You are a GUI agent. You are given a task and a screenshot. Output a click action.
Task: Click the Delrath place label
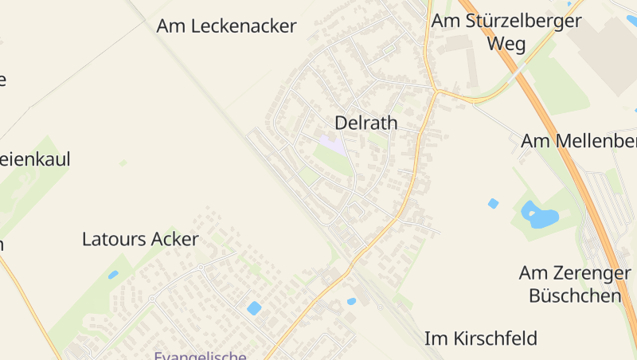pyautogui.click(x=365, y=123)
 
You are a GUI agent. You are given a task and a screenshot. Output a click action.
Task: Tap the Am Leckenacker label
pyautogui.click(x=226, y=26)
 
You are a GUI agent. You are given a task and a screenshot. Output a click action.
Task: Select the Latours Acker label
pyautogui.click(x=140, y=239)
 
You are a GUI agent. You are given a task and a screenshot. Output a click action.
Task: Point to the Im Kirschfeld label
pyautogui.click(x=480, y=338)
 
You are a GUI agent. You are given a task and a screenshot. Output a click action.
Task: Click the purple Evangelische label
pyautogui.click(x=200, y=355)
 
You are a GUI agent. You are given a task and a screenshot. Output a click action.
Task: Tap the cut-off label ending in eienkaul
pyautogui.click(x=35, y=159)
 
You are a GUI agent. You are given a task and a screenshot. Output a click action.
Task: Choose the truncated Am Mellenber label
pyautogui.click(x=578, y=141)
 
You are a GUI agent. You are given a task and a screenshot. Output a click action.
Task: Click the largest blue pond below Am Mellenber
pyautogui.click(x=538, y=213)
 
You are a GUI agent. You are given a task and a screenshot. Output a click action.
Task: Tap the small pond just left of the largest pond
pyautogui.click(x=493, y=203)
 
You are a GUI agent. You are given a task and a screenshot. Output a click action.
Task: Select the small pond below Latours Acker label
pyautogui.click(x=113, y=275)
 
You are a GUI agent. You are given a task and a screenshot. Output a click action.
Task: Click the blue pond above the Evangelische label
pyautogui.click(x=254, y=307)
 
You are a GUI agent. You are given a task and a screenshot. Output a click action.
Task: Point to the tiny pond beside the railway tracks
pyautogui.click(x=351, y=301)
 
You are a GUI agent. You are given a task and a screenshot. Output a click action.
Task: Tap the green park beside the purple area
pyautogui.click(x=334, y=162)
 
